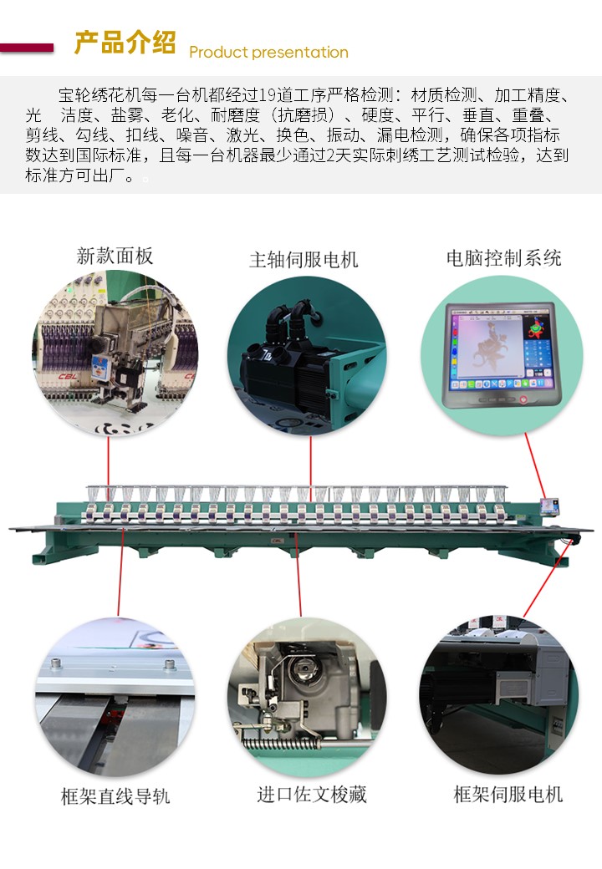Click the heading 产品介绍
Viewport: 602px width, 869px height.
pos(125,43)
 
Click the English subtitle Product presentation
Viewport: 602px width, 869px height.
pos(269,52)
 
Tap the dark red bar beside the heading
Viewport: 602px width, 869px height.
pos(27,48)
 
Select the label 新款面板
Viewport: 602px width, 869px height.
pos(115,256)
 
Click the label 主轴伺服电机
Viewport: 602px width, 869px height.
pos(304,259)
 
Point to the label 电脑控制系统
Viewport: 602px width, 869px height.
pos(504,257)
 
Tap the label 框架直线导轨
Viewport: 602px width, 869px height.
pos(115,796)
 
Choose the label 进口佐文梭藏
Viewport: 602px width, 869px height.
pos(312,794)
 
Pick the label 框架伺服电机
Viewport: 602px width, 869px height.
pos(508,794)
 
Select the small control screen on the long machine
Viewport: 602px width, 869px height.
pos(549,506)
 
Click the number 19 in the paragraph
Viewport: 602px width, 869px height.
pos(268,94)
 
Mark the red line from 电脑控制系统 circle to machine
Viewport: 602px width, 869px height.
pos(535,466)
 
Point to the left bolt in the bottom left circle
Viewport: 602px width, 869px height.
pos(56,664)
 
